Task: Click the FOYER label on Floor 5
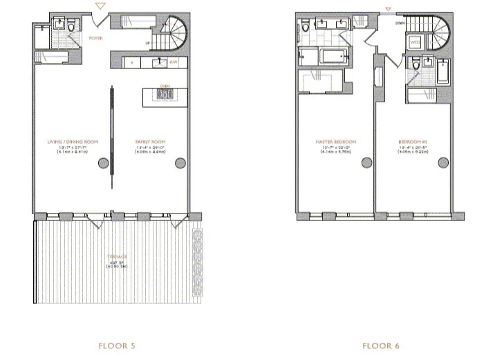coord(96,39)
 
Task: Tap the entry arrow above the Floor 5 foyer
coord(102,8)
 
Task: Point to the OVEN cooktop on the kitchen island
coord(165,96)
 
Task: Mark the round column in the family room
coord(180,163)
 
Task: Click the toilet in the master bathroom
coord(306,28)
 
